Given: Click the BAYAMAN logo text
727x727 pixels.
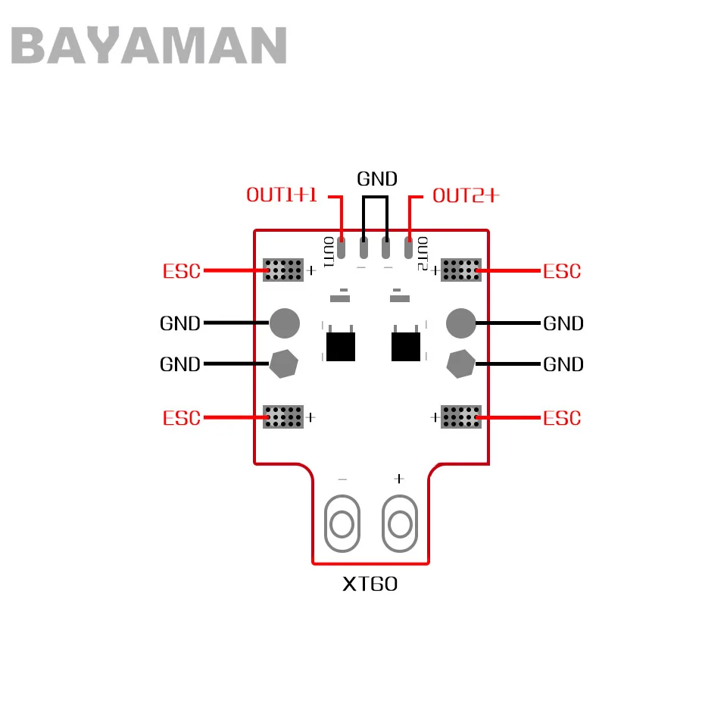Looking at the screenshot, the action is coord(148,45).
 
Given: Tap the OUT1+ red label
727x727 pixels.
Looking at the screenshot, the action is coord(282,195).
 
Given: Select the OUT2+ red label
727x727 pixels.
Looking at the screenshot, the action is coord(466,195).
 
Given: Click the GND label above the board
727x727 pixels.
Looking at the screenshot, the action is coord(377,179).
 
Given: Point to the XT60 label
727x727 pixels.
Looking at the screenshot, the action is coord(370,584).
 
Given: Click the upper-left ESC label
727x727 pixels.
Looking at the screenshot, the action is coord(181,271).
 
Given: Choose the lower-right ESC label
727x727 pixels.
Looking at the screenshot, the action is coord(562,418).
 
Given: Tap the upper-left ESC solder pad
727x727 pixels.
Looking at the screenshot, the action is coord(283,270).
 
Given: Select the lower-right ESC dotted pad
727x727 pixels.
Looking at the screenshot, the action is coord(461,417).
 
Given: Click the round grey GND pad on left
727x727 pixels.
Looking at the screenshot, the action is coord(285,323).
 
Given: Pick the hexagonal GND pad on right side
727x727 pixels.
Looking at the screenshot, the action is coord(461,364).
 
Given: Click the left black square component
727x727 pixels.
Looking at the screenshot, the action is coord(341,347).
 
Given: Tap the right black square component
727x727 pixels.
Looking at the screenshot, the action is coord(406,347).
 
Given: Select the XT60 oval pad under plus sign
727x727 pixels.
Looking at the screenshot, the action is coord(400,523).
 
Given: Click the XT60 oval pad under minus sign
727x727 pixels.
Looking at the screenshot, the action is coord(342,523).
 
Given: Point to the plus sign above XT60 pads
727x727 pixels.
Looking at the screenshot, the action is coord(399,479).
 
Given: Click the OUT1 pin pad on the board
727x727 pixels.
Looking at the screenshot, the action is coord(342,248).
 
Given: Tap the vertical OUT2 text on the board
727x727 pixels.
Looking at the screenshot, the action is coord(423,254).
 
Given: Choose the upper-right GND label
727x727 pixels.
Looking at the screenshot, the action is coord(563,323).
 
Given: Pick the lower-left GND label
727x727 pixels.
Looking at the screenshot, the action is coord(180,364).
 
